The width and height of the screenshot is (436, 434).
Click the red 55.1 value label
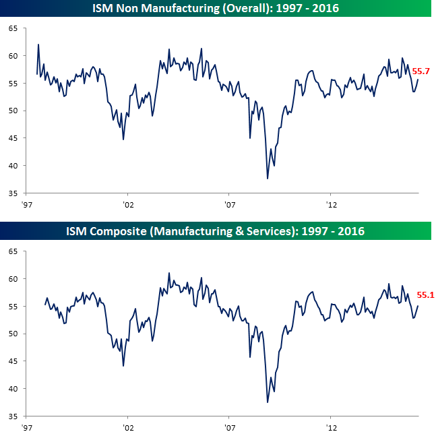point(426,294)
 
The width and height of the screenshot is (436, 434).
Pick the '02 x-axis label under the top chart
point(127,205)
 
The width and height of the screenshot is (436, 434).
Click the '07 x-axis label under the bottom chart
point(229,428)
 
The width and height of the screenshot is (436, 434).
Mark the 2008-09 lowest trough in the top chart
point(268,179)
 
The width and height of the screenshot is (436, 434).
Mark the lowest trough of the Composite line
point(268,402)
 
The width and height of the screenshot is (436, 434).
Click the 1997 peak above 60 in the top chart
point(38,45)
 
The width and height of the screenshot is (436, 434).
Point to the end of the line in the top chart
point(418,80)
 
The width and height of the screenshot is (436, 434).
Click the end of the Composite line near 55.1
point(418,306)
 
